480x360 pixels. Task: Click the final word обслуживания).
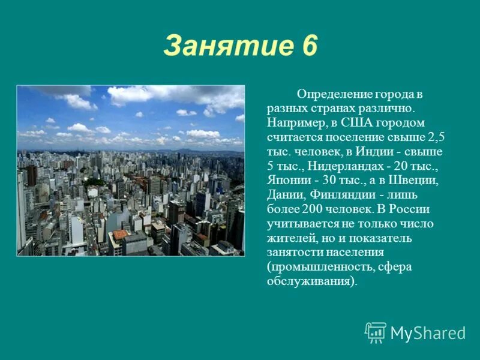click(312, 281)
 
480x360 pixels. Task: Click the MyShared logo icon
click(376, 332)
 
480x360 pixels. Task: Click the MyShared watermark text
click(428, 334)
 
